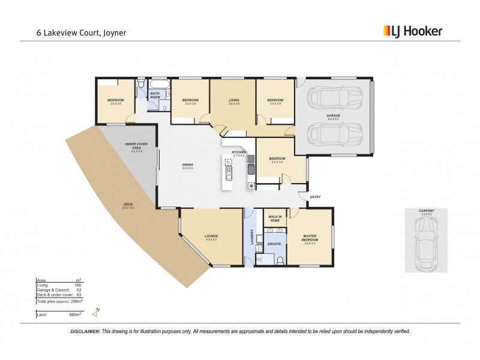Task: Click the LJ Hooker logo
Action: point(412,31)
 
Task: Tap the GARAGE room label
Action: point(333,116)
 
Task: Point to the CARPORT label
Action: point(427,211)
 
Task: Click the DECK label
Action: point(128,205)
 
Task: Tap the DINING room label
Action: point(187,164)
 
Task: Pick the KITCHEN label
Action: point(239,153)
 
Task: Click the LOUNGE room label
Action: point(211,236)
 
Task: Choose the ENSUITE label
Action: point(274,244)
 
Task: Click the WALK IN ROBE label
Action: point(275,218)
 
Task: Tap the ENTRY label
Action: point(315,197)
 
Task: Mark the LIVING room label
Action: point(234,100)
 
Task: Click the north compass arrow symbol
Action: point(94,312)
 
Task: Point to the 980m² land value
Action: point(74,314)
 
